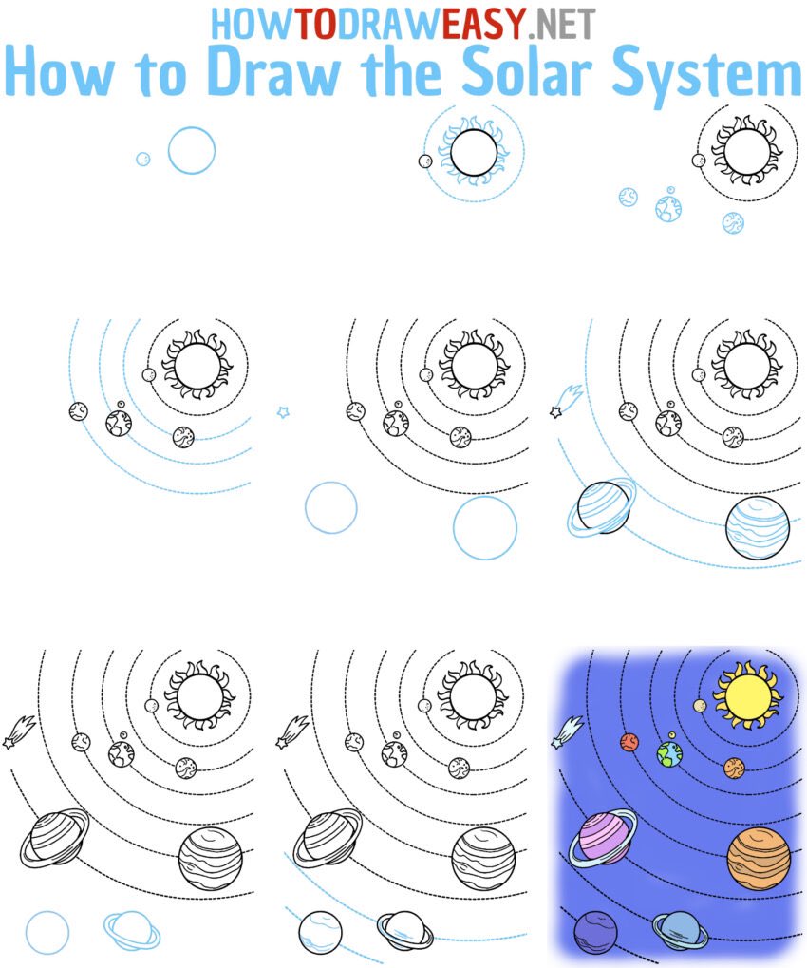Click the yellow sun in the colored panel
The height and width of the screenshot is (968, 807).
pos(746,693)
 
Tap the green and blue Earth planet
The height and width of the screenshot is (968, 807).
pos(669,754)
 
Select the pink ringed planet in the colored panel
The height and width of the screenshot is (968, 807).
pos(601,838)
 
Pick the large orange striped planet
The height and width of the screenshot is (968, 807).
pos(759,858)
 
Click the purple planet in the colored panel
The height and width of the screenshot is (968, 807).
pos(595,931)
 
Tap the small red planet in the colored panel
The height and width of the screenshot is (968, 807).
pos(629,741)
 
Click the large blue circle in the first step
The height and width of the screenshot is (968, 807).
pos(192,150)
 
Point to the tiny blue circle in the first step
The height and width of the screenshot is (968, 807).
pos(143,159)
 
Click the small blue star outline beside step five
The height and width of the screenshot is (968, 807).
pos(282,411)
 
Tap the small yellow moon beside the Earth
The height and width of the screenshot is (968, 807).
pos(671,734)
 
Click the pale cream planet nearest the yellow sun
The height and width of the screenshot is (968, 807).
pos(700,706)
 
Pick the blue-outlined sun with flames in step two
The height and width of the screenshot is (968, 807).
pos(474,155)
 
